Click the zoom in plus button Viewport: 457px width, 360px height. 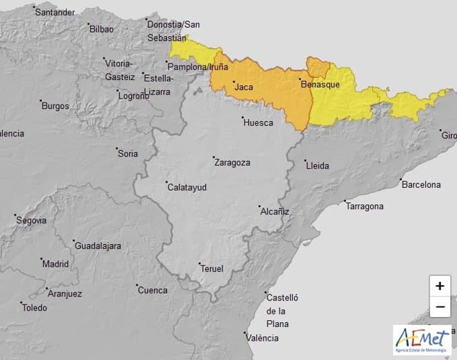coord(440,287)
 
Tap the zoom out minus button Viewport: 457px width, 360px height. coord(440,307)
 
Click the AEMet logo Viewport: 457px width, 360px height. coord(422,339)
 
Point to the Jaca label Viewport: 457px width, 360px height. coord(244,87)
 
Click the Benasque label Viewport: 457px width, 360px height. coord(320,85)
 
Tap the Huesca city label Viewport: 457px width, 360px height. coord(258,122)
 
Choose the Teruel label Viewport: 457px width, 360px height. coord(212,269)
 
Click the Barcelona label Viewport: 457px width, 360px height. coord(421,185)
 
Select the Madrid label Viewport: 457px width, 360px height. coord(55,263)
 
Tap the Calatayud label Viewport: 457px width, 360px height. coord(187,187)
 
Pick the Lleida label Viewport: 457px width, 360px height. coord(317,165)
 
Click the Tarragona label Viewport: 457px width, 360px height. coord(364,206)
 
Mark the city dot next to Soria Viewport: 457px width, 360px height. coord(117,149)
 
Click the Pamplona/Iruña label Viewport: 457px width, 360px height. coord(198,67)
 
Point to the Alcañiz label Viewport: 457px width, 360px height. coord(274,212)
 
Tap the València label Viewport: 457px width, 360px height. coord(262,338)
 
